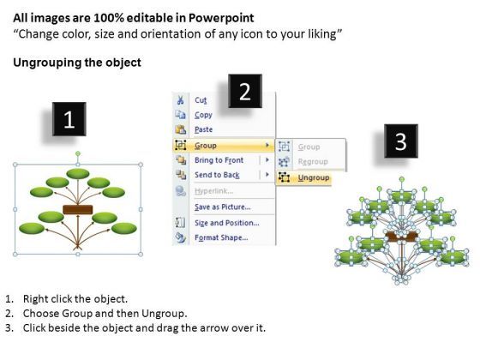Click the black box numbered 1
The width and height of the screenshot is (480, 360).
pos(69,119)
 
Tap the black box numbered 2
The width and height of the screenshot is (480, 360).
pos(245,91)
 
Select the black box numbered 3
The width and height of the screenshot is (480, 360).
pos(401,141)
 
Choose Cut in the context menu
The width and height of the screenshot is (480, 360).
pos(201,100)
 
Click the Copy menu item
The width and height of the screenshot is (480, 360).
pos(203,115)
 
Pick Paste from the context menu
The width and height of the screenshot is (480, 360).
pos(204,129)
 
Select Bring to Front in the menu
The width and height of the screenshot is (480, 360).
pos(219,160)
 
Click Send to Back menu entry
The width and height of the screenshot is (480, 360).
pos(217,175)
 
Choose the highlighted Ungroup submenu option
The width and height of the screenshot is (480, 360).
pos(314,177)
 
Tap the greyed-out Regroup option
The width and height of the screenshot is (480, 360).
pos(313,161)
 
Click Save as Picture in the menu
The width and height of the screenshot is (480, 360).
pos(223,207)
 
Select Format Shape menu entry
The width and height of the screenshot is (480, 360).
pos(221,237)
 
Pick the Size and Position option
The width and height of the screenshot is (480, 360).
pos(227,223)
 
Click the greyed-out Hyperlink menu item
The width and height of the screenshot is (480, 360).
pos(214,191)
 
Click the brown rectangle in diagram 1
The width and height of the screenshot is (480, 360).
pos(78,210)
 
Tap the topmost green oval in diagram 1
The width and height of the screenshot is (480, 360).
pos(78,173)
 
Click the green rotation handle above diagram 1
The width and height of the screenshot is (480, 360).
pos(78,153)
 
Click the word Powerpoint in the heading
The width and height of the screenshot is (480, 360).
pos(221,18)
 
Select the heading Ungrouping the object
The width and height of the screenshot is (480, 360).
pos(77,63)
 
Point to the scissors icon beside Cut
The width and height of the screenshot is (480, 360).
pos(181,100)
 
